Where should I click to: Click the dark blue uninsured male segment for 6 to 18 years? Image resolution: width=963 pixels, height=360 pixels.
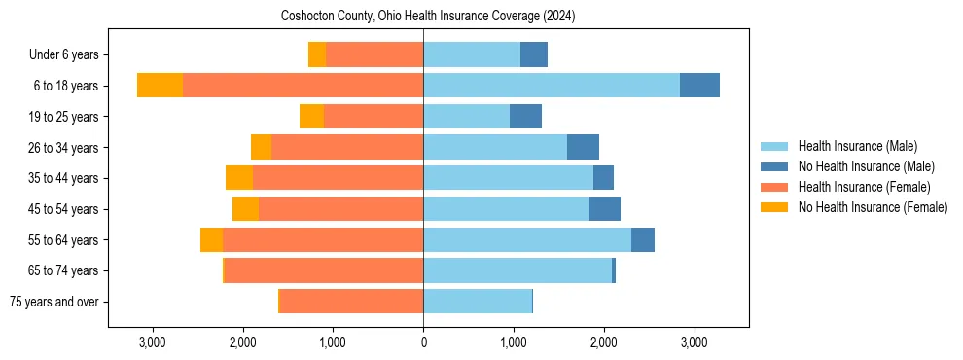699,86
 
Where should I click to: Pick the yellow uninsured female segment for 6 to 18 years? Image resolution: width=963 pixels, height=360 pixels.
160,86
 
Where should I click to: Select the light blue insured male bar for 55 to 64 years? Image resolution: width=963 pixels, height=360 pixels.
526,240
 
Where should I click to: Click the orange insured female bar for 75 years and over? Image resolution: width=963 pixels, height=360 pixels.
351,302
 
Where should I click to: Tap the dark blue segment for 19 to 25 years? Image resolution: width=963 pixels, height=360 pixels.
525,117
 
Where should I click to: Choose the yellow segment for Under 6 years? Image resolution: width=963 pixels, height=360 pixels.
317,55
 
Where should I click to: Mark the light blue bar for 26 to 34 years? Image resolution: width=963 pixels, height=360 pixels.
495,148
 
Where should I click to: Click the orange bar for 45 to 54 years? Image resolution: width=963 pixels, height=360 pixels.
340,209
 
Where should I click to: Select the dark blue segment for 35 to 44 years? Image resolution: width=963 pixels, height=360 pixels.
603,178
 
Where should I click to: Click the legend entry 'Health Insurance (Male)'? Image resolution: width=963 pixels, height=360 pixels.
857,146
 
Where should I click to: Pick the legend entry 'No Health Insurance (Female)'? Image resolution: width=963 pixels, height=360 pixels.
873,207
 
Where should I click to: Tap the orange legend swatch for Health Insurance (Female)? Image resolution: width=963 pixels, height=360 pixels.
775,187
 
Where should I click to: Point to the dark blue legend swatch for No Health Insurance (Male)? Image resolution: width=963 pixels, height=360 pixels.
775,166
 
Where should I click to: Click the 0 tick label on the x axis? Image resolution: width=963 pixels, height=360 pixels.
423,342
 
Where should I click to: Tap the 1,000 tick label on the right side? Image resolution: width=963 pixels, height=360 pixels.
514,342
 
